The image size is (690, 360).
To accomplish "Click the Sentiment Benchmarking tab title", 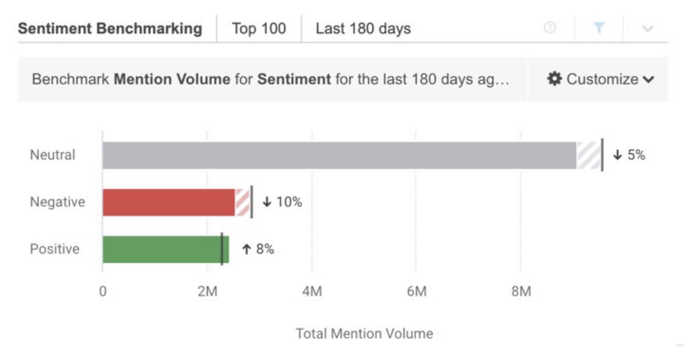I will [110, 29].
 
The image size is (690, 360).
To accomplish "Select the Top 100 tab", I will [259, 29].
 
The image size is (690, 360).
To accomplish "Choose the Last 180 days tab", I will [363, 29].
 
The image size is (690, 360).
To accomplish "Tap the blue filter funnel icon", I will [598, 28].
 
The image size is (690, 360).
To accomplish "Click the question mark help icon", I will [550, 28].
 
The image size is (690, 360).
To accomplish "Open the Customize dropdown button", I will [601, 80].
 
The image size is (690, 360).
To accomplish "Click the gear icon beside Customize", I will [555, 79].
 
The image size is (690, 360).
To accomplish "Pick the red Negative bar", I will [168, 202].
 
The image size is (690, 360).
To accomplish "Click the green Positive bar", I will [162, 249].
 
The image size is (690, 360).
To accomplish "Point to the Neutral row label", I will [53, 155].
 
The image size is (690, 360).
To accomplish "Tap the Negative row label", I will [57, 202].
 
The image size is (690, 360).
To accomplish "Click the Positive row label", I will [55, 249].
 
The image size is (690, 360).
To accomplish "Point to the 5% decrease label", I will [629, 155].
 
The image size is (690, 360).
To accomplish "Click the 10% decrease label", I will [282, 202].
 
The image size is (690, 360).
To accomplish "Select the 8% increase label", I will [258, 249].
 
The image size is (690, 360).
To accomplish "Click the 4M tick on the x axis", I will [311, 292].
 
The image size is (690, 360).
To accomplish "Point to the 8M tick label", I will [520, 292].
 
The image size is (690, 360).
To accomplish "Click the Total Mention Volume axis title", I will [365, 334].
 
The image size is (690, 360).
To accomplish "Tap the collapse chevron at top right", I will [648, 28].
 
